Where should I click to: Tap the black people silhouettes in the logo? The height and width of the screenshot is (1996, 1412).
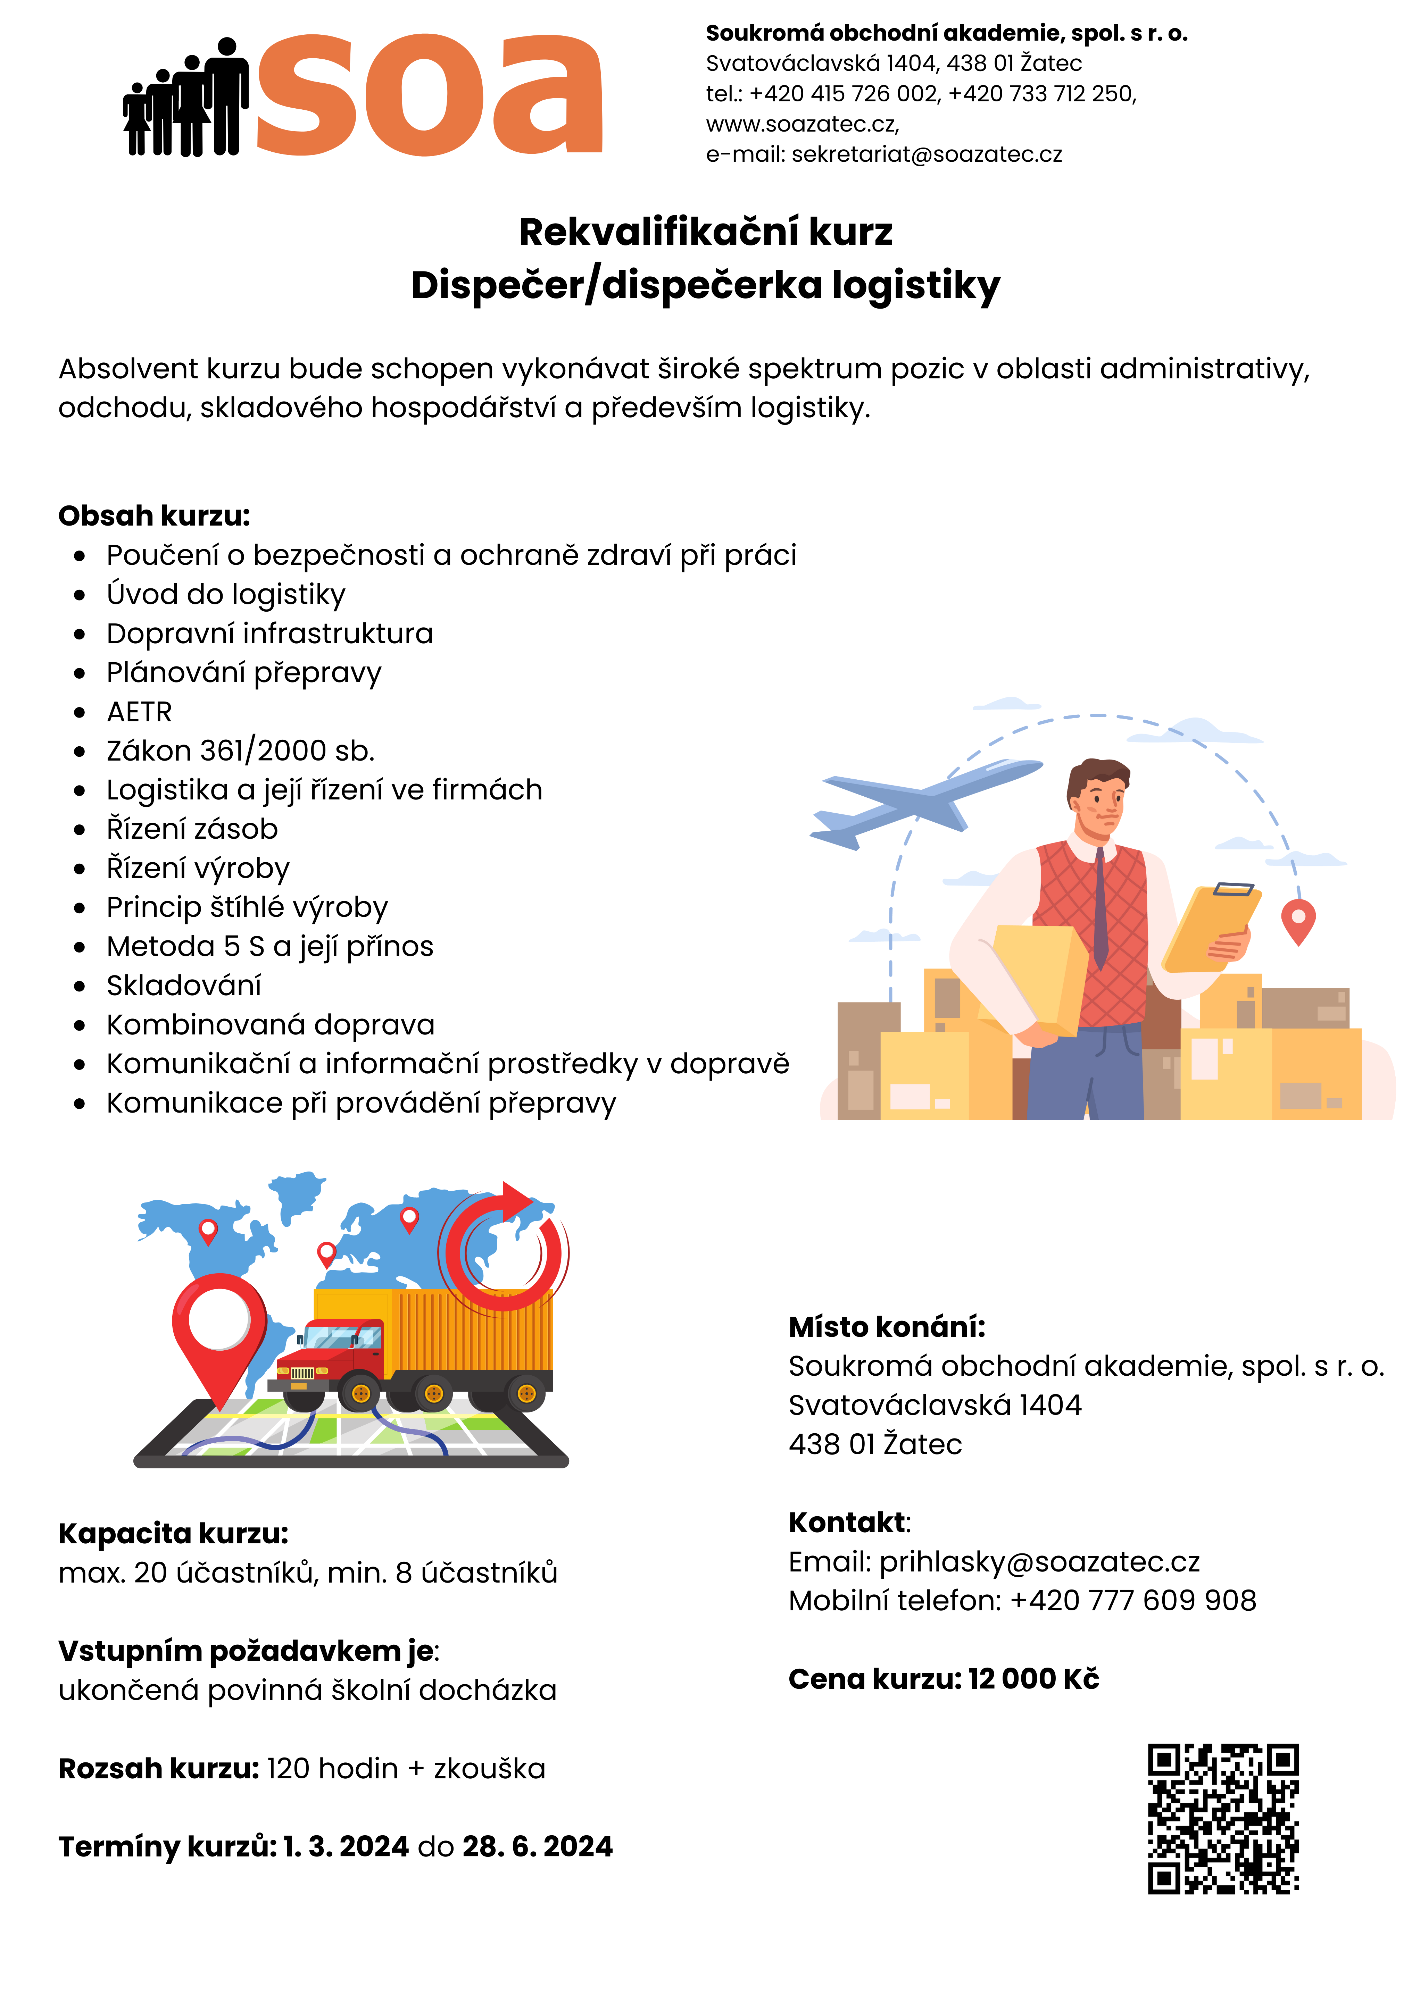coord(186,100)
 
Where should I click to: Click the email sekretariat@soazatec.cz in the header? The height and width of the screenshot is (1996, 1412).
coord(926,155)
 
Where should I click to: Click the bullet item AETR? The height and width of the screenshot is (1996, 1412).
coord(139,712)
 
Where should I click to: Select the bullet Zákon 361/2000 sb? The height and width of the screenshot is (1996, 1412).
coord(240,751)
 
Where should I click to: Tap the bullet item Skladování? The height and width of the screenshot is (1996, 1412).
coord(183,986)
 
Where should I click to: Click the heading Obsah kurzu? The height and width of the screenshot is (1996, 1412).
coord(154,515)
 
